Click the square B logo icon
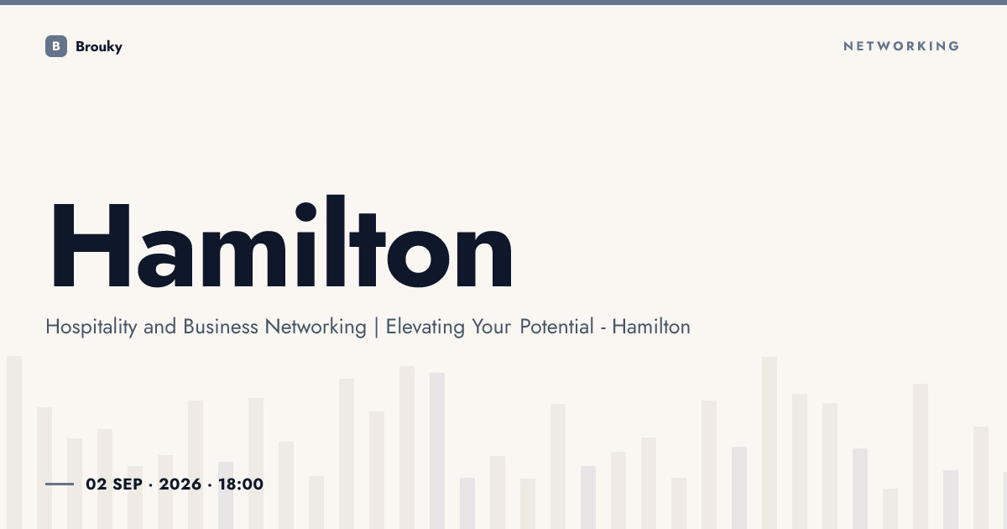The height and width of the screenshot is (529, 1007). [56, 46]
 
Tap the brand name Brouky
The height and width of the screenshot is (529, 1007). [99, 47]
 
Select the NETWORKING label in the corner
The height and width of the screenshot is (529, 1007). [901, 46]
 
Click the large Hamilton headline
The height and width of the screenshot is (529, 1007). [282, 241]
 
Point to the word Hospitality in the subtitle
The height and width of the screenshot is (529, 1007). [91, 327]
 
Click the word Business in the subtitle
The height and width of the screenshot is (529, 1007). [220, 327]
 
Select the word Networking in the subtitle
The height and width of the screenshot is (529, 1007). [316, 327]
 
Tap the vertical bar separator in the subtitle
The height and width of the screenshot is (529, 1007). [376, 327]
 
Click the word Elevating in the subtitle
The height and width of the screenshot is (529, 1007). [425, 327]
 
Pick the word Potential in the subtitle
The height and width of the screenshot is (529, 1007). [556, 327]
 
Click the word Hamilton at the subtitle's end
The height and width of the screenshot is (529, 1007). [651, 327]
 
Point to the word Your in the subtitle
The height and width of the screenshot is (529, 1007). [492, 327]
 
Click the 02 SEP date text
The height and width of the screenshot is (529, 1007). [114, 484]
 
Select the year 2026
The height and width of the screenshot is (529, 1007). [180, 484]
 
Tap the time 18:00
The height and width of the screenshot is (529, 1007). [241, 484]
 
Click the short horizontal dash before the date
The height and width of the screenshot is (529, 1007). [60, 484]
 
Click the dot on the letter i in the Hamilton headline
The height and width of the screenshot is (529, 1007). [305, 212]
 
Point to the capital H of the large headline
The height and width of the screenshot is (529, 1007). [91, 245]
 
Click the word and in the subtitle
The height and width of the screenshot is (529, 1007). [159, 327]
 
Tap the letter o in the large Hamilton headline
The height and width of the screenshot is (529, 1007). [418, 259]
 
